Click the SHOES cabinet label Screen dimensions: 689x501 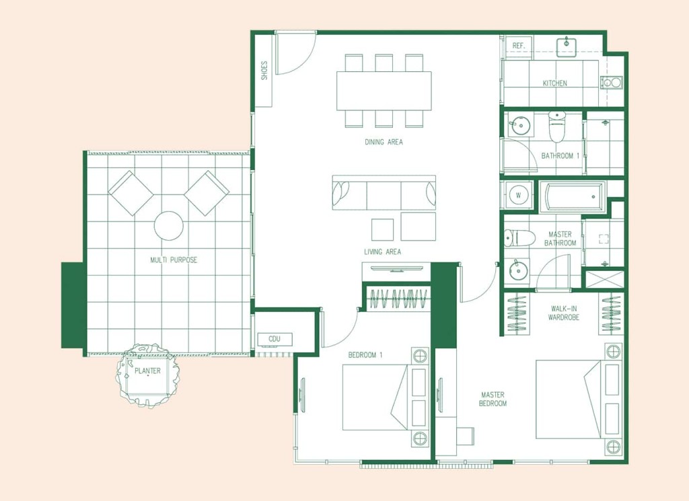coord(264,70)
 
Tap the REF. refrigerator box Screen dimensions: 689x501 coord(519,46)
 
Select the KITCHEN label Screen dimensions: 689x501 coord(554,83)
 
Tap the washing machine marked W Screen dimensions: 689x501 coord(518,194)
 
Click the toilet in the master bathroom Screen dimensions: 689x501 coord(519,238)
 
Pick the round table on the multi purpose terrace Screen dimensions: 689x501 coord(169,226)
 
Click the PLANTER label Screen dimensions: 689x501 coord(147,371)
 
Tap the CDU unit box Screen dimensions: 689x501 coord(275,338)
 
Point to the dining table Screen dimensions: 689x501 coord(384,91)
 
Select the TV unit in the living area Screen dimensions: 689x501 coord(397,268)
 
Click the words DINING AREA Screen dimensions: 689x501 coord(384,142)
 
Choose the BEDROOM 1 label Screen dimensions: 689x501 coord(365,355)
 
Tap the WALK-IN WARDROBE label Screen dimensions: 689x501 coord(564,313)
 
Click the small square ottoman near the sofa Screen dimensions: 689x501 coord(382,229)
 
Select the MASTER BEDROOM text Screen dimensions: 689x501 coord(493,399)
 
